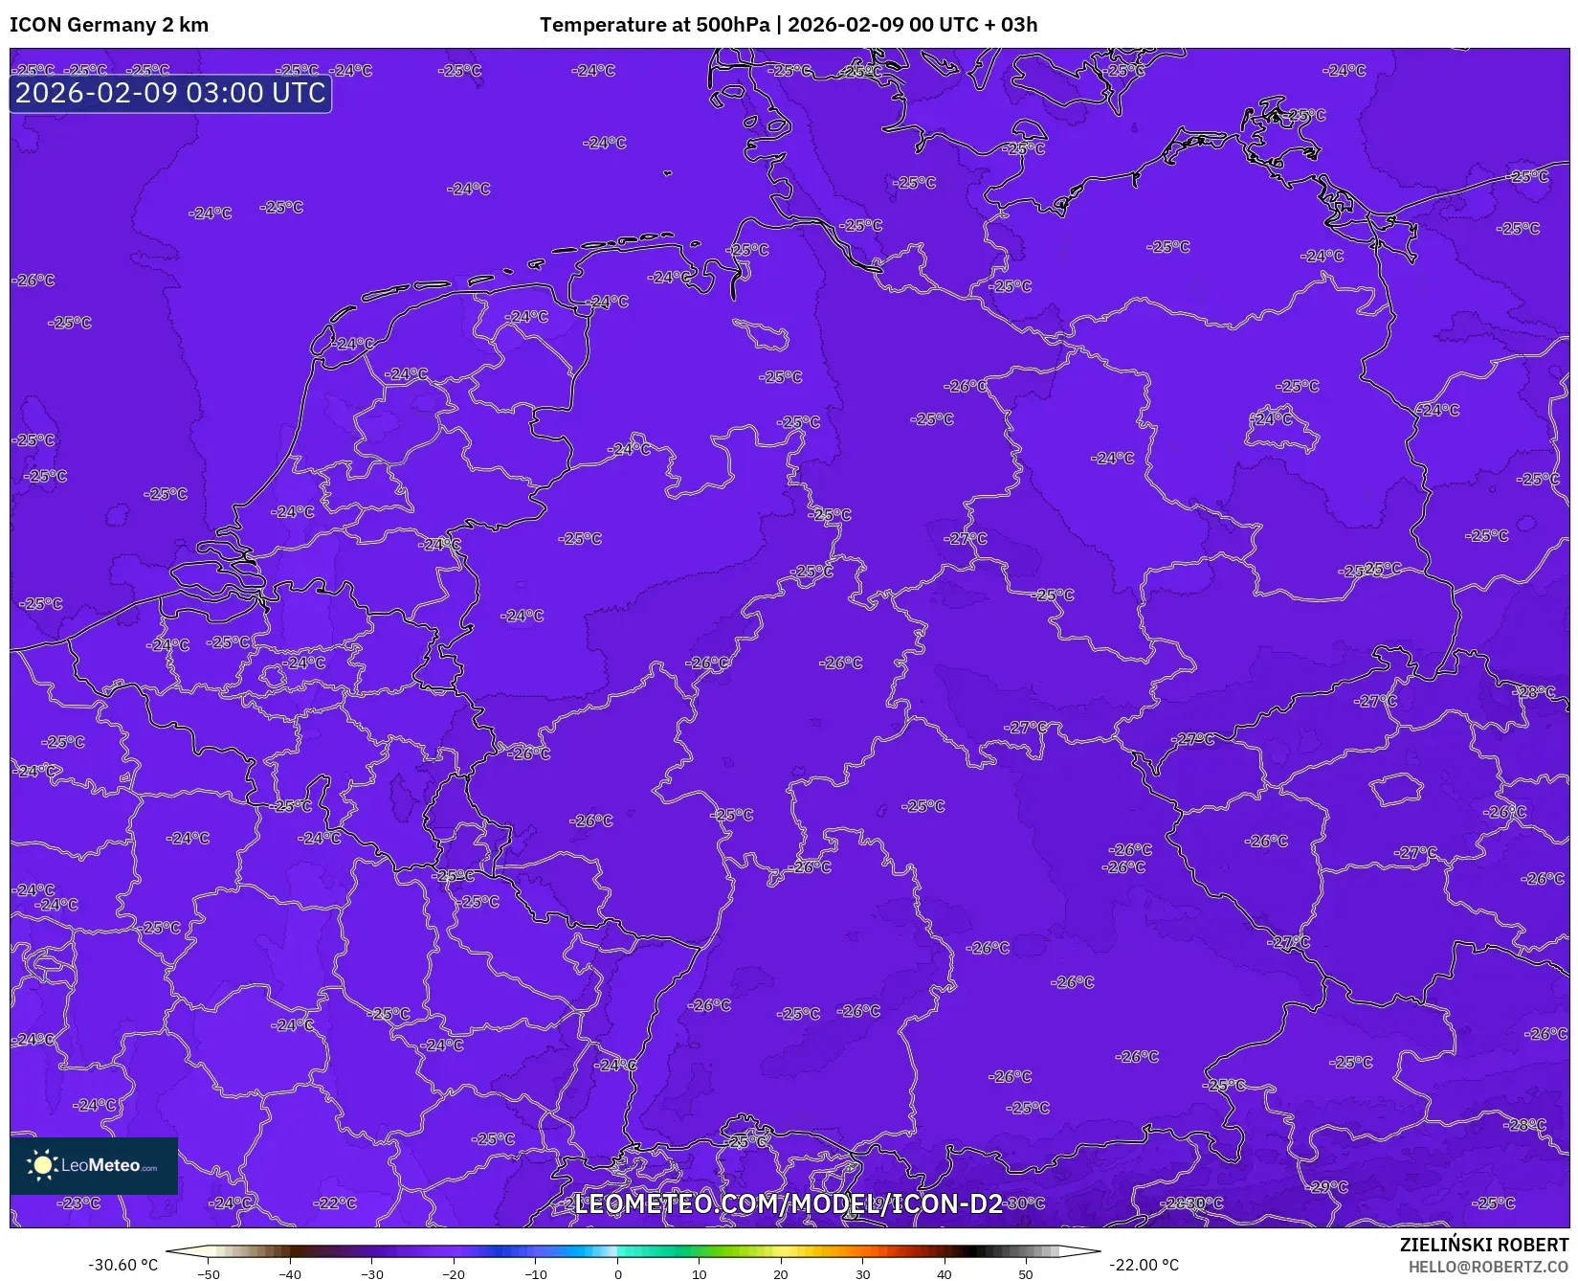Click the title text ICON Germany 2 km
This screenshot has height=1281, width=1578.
coord(109,25)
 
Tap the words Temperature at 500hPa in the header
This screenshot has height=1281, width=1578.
coord(654,25)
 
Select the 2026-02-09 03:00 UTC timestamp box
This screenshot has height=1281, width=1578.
coord(170,93)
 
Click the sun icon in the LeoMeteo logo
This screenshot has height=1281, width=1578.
coord(42,1165)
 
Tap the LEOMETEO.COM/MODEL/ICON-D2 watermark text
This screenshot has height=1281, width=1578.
coord(788,1203)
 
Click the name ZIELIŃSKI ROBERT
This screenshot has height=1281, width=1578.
coord(1484,1245)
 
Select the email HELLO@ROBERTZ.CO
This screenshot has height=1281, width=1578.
coord(1488,1267)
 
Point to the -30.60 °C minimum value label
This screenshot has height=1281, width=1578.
coord(123,1265)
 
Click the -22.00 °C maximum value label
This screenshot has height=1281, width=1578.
coord(1144,1265)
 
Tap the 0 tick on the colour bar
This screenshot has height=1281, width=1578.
coord(617,1274)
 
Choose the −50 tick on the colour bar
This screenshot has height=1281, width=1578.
coord(208,1274)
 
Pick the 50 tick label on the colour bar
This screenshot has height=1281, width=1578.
coord(1026,1274)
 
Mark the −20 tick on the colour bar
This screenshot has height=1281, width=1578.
coord(454,1274)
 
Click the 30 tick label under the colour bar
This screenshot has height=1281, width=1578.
coord(863,1274)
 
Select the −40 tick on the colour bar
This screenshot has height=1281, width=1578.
coord(290,1274)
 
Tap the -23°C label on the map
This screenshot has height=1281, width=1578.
coord(78,1202)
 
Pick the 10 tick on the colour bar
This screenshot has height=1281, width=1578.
coord(700,1274)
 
